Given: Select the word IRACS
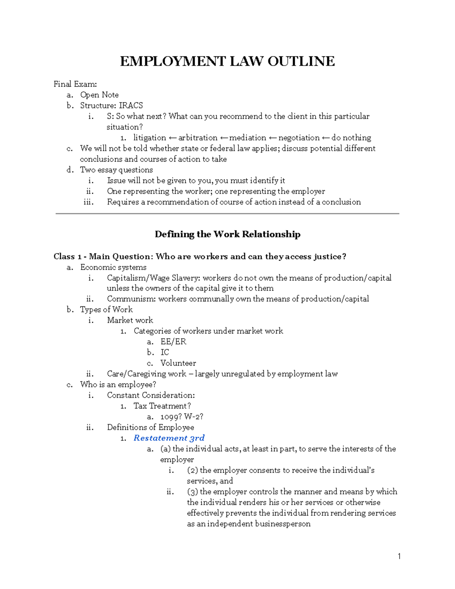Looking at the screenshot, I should [x=131, y=105].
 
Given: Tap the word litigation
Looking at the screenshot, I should [x=149, y=138].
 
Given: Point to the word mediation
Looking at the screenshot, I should [x=247, y=138].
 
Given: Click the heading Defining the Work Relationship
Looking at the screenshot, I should [x=227, y=234].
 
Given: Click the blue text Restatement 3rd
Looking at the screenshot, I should [x=169, y=438].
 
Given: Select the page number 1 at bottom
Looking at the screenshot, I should [x=399, y=556].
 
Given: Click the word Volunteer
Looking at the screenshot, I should [x=178, y=363].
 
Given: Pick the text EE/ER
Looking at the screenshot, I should [x=173, y=342].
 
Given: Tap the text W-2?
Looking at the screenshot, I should [x=194, y=417].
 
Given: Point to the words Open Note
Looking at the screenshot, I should [x=99, y=95].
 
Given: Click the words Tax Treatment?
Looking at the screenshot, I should [x=162, y=406].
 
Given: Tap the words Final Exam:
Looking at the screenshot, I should [x=75, y=84].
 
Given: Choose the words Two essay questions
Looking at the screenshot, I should [x=116, y=170].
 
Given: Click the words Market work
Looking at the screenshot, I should [x=130, y=320].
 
